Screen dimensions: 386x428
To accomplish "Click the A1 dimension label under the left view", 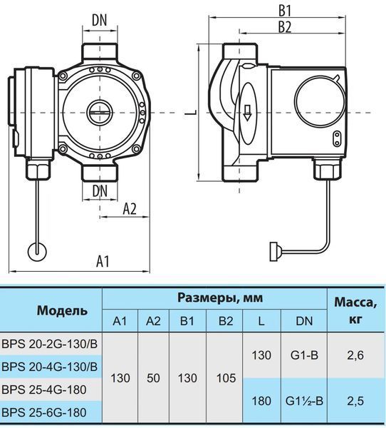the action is tap(103, 261).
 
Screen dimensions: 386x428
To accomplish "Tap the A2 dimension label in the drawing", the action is tap(130, 209).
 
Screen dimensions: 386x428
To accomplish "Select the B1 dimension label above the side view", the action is tap(285, 11).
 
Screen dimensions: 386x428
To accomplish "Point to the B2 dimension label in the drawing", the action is tap(285, 27).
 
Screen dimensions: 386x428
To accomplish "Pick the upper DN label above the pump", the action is tap(100, 20).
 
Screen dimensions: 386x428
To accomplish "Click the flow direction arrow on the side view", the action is tap(247, 113).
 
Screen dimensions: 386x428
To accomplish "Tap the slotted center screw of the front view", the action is tap(100, 112).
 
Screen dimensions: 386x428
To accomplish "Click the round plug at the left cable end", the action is tap(37, 252).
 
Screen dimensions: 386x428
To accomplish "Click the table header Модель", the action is tap(62, 310).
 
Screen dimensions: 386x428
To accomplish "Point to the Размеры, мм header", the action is tap(220, 298).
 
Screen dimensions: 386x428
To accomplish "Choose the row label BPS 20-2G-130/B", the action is tap(49, 344).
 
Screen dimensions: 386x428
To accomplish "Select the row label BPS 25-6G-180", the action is tap(44, 412).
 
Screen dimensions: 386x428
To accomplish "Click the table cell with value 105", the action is tap(226, 378).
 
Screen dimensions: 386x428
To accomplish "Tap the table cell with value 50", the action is tap(153, 378).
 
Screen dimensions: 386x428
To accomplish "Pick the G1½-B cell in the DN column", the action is tap(304, 401).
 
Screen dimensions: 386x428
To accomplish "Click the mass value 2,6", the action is tap(355, 355).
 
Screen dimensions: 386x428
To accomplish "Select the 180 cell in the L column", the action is tap(261, 401).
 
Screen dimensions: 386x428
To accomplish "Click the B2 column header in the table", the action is tap(226, 321).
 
